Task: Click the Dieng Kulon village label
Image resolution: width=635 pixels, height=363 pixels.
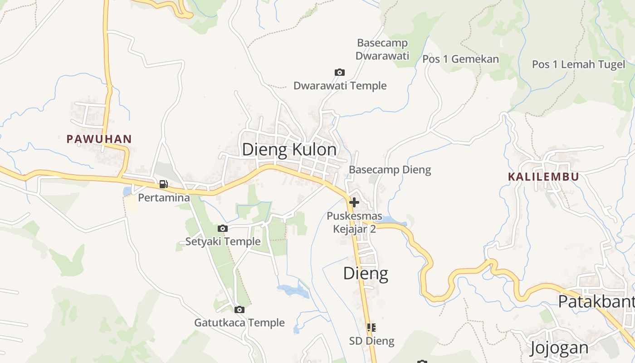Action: [x=289, y=149]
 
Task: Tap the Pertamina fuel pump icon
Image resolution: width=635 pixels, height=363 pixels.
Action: [x=163, y=184]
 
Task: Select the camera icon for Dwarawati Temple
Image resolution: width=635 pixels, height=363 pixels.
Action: [x=339, y=72]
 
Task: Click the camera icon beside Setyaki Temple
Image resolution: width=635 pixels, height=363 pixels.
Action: [x=222, y=228]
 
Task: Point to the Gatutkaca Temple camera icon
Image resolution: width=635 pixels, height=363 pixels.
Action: [x=239, y=309]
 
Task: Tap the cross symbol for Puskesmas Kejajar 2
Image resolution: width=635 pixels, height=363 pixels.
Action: [x=354, y=202]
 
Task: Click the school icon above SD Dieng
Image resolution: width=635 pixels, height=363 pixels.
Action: [x=371, y=327]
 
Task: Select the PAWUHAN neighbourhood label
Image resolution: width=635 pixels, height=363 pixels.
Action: [x=99, y=139]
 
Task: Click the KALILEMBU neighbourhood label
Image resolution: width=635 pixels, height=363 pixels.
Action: [x=543, y=177]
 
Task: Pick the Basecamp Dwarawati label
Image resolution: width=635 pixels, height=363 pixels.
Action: [x=382, y=49]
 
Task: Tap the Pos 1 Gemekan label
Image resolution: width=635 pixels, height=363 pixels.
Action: [x=460, y=59]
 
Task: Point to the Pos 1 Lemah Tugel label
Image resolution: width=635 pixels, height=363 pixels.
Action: [x=578, y=64]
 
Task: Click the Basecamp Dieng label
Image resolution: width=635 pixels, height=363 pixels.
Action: [x=390, y=170]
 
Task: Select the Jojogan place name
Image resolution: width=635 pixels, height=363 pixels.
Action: [x=560, y=348]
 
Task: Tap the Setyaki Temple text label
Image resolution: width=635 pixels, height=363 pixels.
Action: [x=223, y=241]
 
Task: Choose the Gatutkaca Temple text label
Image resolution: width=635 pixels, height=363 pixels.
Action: [x=239, y=323]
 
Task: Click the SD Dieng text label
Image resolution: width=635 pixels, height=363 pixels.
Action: [x=371, y=341]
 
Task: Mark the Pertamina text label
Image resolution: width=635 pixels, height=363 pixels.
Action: [x=164, y=198]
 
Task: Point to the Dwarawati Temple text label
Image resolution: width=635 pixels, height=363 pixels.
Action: [x=340, y=85]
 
